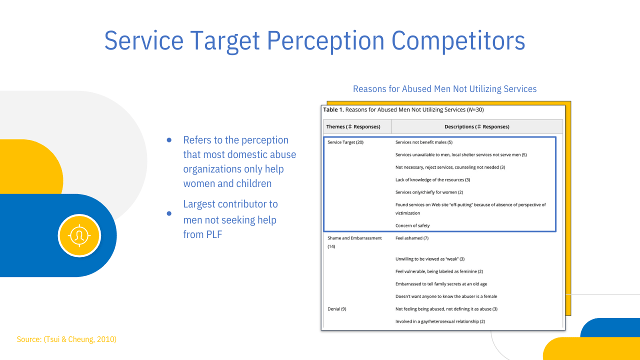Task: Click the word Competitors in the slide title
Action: [458, 41]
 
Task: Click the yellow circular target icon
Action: [79, 236]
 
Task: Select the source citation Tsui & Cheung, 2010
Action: [80, 339]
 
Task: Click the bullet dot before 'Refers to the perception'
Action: [169, 140]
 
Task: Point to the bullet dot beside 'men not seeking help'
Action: [169, 213]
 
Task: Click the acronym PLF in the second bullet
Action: [214, 234]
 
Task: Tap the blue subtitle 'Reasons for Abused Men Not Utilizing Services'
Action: [445, 89]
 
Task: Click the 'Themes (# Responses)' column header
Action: [353, 127]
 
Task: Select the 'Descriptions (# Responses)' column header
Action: [477, 127]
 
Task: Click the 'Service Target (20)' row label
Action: [345, 142]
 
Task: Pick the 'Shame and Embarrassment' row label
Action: [355, 238]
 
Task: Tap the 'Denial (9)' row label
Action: [337, 309]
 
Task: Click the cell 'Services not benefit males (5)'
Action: [424, 142]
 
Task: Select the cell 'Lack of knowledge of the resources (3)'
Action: [433, 180]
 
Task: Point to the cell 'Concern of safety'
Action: [413, 226]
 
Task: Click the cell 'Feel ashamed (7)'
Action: [412, 238]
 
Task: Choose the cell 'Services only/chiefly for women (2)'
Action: [429, 192]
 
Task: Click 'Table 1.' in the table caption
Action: [333, 110]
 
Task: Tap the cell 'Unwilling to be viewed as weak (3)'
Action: [430, 259]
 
